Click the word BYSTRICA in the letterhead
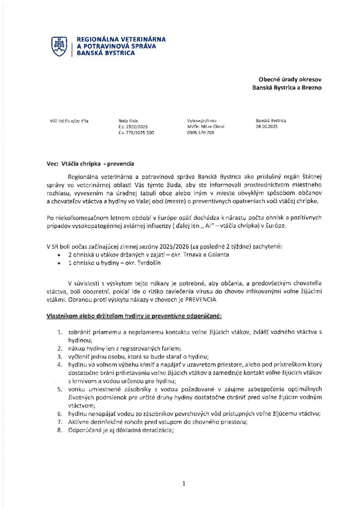point(119,53)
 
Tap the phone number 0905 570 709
point(200,132)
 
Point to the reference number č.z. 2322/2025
point(133,126)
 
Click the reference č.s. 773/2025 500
point(136,132)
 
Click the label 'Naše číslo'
point(128,120)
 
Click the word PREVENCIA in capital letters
point(202,300)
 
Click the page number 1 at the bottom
point(184,483)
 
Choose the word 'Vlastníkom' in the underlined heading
point(61,316)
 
